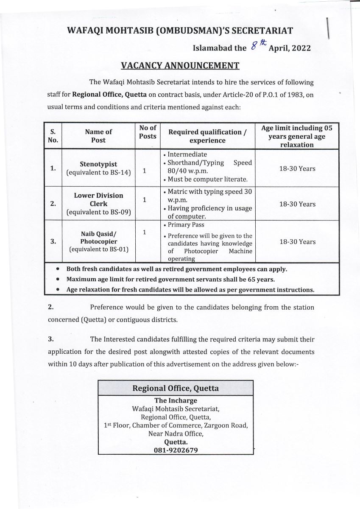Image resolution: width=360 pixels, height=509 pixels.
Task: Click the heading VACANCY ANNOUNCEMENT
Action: (180, 65)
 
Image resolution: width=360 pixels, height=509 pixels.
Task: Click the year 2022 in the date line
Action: (301, 48)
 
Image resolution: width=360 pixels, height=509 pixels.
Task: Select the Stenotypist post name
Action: (98, 164)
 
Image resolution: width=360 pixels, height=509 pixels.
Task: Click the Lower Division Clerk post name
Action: (98, 199)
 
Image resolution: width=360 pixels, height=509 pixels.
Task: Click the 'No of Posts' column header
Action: (148, 131)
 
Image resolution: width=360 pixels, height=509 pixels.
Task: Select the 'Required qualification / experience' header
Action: (208, 136)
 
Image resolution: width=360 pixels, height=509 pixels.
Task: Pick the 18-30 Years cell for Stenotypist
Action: (297, 169)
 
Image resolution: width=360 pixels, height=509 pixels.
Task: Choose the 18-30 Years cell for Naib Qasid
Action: (297, 242)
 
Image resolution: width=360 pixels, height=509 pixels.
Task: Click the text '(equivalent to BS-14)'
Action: (98, 173)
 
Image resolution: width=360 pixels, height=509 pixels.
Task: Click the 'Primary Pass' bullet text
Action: (186, 225)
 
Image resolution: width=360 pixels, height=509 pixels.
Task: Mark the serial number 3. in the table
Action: (53, 241)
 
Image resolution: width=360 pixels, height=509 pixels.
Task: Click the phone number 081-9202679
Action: (176, 450)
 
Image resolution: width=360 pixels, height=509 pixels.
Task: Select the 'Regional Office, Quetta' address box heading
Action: (176, 388)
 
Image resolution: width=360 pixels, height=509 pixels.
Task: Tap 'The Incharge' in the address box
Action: (176, 400)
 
